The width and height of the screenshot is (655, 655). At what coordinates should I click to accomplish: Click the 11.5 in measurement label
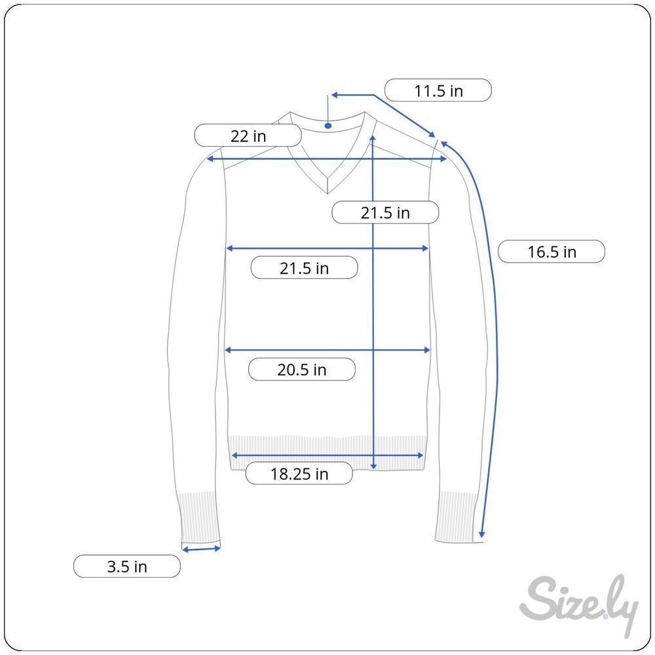[x=438, y=90]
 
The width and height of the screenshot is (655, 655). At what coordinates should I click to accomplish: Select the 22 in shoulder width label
[x=248, y=136]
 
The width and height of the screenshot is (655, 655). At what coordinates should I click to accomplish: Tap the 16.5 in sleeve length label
[x=552, y=252]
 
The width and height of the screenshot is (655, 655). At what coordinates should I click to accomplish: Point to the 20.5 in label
[x=301, y=369]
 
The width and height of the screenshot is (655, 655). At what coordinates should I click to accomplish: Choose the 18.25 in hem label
[x=299, y=474]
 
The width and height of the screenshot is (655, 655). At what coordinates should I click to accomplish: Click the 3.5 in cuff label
[x=127, y=566]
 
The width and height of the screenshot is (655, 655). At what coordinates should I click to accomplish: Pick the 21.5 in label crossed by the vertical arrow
[x=385, y=212]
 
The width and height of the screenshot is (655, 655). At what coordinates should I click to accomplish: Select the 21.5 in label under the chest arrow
[x=304, y=268]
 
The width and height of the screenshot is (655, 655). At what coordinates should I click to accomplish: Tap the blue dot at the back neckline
[x=328, y=126]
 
